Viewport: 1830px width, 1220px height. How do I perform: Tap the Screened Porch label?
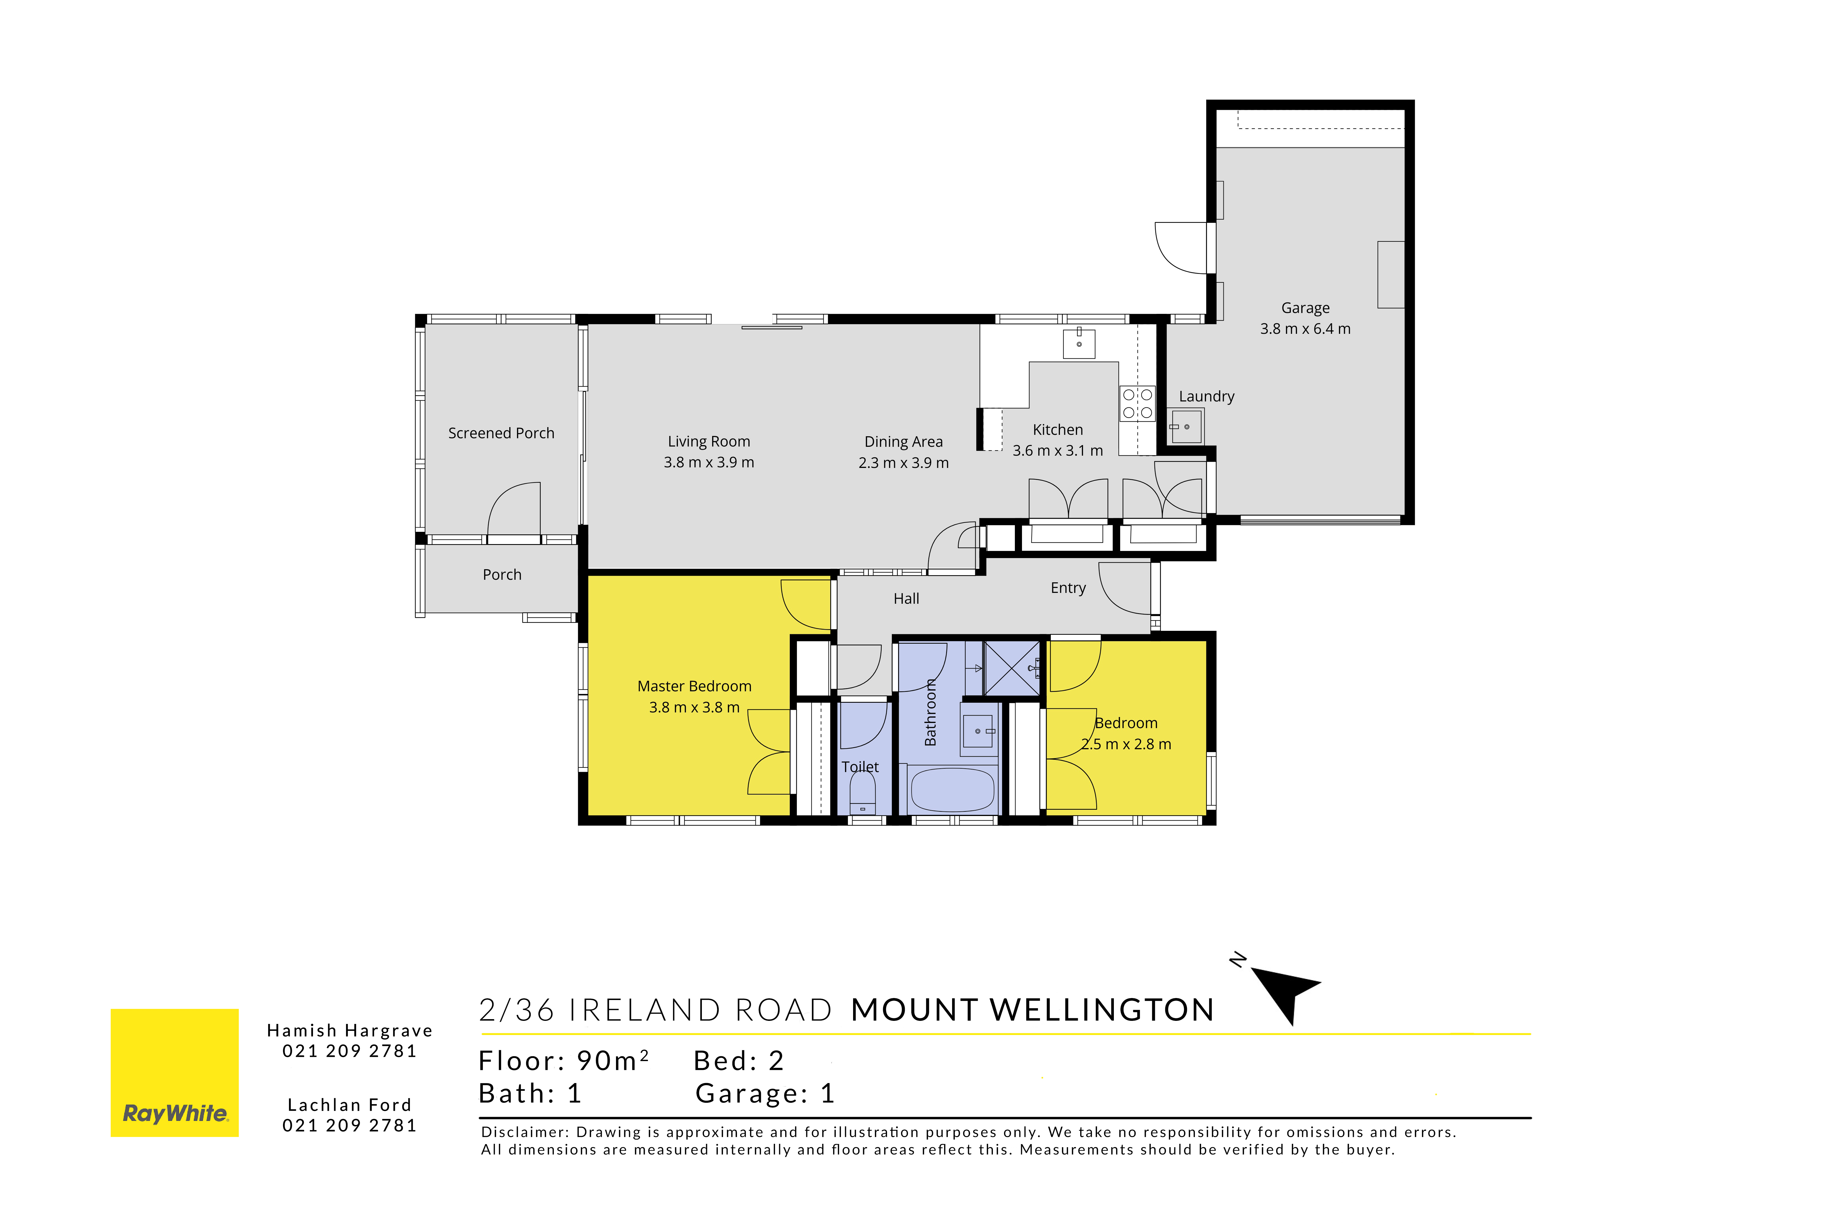(x=501, y=433)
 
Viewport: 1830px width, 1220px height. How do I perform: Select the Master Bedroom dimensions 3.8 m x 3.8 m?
(x=694, y=707)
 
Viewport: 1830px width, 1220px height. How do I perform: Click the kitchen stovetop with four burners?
(x=1137, y=403)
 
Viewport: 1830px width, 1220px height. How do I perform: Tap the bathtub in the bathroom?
(x=952, y=790)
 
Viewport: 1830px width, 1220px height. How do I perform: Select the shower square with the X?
(x=1011, y=668)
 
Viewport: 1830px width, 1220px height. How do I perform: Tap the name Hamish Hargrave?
(x=349, y=1030)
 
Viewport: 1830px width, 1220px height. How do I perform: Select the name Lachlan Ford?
(x=349, y=1105)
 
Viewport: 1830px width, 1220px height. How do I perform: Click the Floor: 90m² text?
(x=563, y=1061)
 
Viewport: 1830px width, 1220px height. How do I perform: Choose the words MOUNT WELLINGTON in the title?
(x=1033, y=1010)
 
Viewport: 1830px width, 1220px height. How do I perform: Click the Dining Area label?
(x=903, y=442)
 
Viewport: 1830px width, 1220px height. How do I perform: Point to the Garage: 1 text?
(x=765, y=1093)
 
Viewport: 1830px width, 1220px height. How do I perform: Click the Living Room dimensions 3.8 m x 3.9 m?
(x=709, y=462)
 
